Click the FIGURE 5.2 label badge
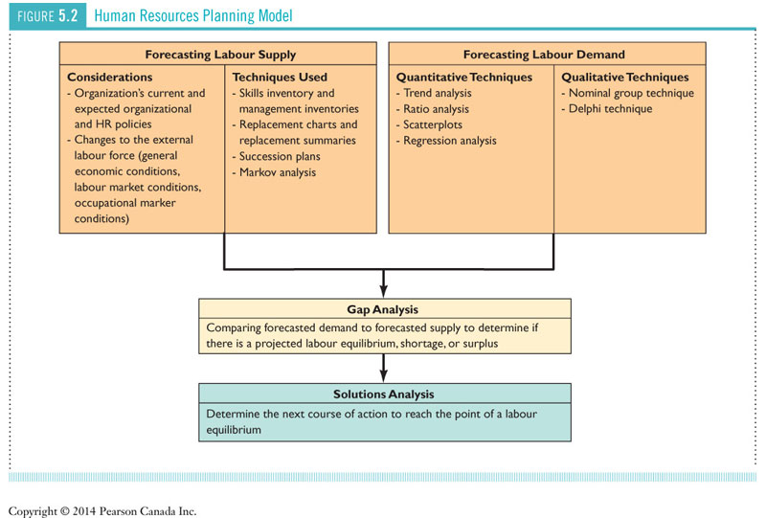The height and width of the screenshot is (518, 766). point(47,16)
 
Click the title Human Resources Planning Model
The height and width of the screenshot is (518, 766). point(193,16)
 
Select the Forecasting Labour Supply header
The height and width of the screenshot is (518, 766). point(220,55)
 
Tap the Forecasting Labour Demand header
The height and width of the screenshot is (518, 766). point(544,55)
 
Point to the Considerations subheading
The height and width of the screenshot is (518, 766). point(109,77)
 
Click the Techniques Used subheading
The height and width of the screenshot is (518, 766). point(280,77)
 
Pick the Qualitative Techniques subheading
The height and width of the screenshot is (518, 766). point(624,77)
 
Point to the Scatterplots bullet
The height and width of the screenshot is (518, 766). point(432,124)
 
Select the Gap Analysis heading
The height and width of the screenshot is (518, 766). point(383,310)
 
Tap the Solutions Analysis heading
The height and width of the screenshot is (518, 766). point(383,394)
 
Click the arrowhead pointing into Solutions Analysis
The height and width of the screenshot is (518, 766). point(383,377)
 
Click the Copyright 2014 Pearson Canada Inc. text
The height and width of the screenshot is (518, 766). point(102,510)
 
